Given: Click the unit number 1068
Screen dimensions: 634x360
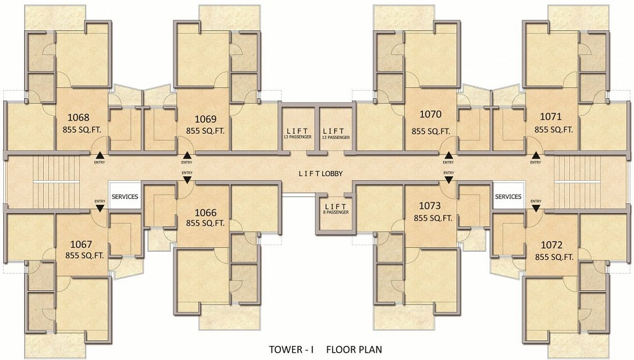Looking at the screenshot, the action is [x=79, y=118].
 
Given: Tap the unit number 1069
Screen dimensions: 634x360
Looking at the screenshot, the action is [x=206, y=119].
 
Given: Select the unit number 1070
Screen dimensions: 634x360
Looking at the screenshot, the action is [x=430, y=114].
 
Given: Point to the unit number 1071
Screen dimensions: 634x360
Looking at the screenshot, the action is [x=551, y=117].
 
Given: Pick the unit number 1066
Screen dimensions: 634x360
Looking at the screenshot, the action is [x=206, y=212].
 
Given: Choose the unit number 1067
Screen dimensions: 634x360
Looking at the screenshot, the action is [x=81, y=245].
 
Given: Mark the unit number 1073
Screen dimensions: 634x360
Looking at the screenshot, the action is [x=430, y=206].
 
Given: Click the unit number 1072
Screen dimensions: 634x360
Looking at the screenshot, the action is [x=552, y=245].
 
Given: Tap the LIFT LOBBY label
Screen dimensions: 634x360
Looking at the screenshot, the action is [x=321, y=174].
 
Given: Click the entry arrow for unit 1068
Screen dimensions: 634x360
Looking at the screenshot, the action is [x=100, y=155].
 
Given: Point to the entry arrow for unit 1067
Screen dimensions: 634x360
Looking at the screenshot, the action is [x=100, y=208].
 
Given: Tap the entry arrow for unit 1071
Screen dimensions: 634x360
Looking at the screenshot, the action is [x=536, y=155].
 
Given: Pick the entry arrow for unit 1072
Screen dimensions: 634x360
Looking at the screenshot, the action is [x=536, y=208].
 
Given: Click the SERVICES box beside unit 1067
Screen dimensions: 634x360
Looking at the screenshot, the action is [x=125, y=196].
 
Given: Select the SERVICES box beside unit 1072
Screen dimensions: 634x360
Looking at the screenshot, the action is [x=508, y=196].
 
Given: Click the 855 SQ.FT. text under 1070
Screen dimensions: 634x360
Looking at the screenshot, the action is [x=431, y=131].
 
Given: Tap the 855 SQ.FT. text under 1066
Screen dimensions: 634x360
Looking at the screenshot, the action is [x=205, y=223].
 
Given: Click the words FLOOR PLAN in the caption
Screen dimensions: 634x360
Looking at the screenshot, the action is [x=354, y=349].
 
